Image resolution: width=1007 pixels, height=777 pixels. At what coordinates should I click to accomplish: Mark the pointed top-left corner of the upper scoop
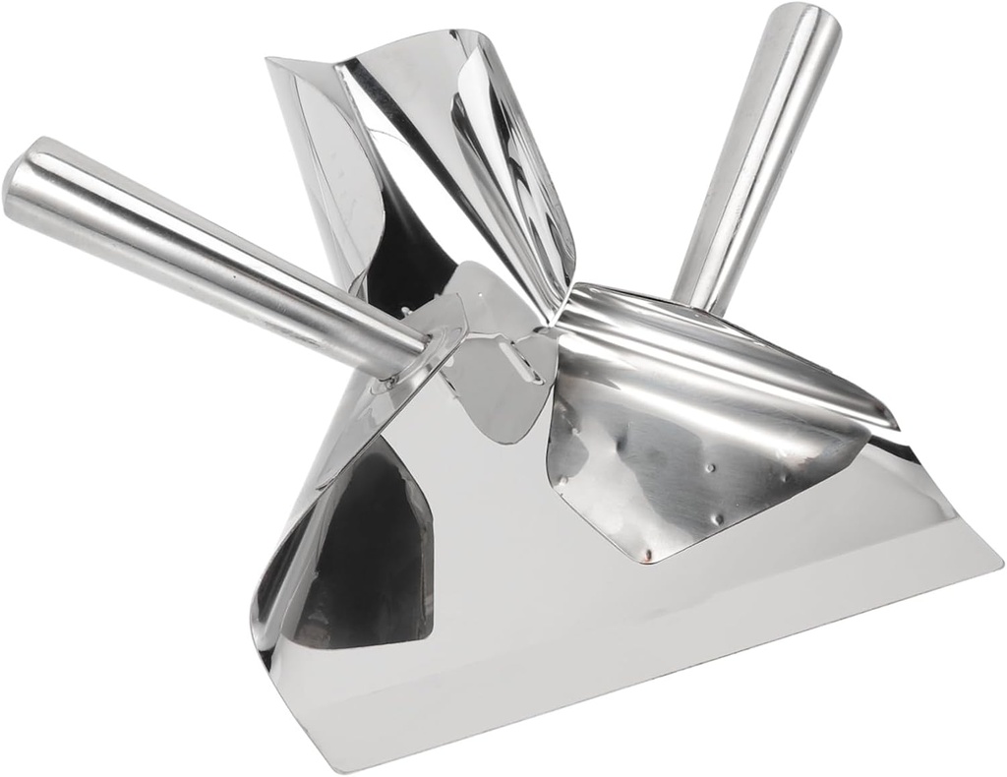[x=270, y=61]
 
